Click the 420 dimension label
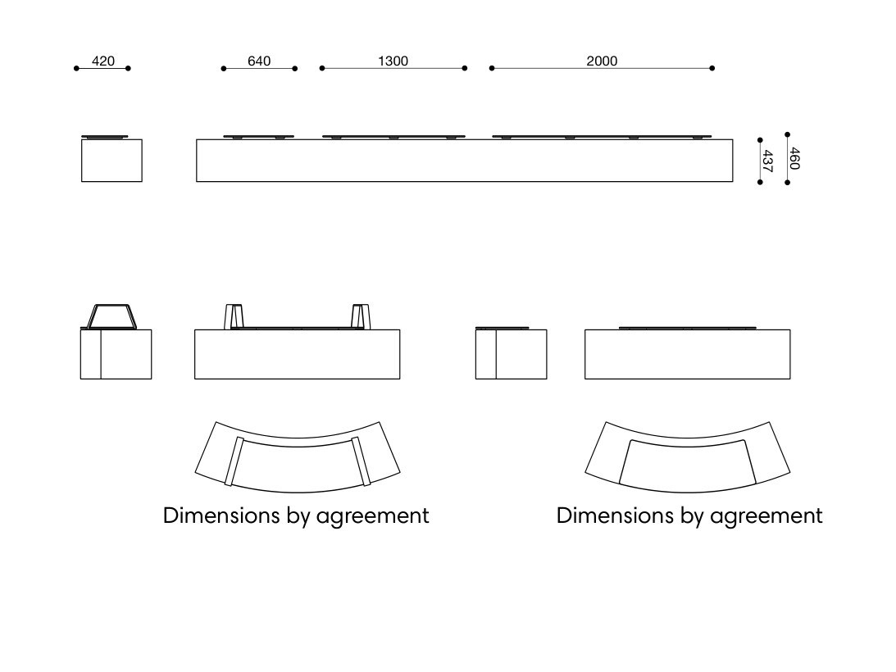tap(103, 61)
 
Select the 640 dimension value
tap(259, 61)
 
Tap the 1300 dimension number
tap(393, 61)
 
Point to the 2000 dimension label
tap(602, 61)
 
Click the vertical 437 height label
tap(767, 161)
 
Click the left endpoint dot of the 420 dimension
tap(76, 69)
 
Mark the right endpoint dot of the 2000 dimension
tap(712, 69)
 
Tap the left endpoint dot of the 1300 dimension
tap(322, 69)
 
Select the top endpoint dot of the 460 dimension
tap(788, 135)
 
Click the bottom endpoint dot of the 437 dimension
tap(760, 182)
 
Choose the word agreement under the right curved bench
tap(766, 516)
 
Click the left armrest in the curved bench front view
tap(234, 316)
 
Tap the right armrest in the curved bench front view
tap(361, 316)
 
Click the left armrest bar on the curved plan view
tap(234, 461)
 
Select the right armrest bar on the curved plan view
tap(362, 461)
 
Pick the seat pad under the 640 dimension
tap(259, 137)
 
